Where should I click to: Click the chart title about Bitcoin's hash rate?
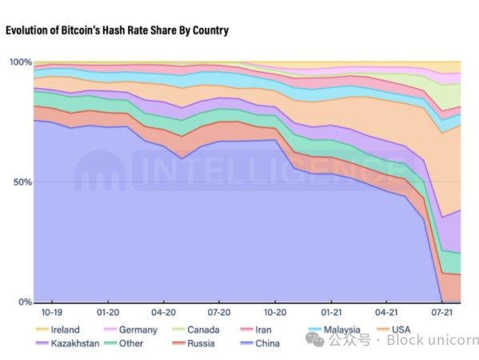117,30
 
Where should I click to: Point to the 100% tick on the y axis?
21,62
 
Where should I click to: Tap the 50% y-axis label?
22,182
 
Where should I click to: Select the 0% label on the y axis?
25,302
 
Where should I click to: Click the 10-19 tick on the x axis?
52,312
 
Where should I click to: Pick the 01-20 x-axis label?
108,312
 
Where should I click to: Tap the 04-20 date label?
164,312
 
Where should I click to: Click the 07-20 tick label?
219,312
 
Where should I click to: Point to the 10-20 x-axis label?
275,312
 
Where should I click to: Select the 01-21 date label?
331,312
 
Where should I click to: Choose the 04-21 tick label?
386,312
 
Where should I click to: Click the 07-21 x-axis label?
441,312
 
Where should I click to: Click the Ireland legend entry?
58,330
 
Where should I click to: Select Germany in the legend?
131,330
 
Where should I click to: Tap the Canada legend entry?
196,330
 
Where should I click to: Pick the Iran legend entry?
256,330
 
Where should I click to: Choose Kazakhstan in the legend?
67,343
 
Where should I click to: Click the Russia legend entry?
194,343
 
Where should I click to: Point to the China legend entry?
260,343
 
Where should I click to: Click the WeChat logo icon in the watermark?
315,340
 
